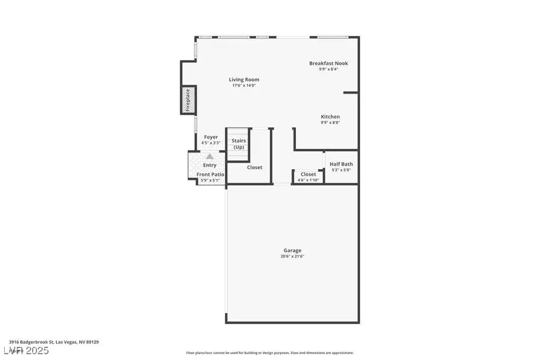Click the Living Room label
click(244, 79)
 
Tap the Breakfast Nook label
click(328, 63)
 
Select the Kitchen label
click(330, 116)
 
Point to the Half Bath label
click(341, 164)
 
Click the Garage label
click(293, 250)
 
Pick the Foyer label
click(211, 137)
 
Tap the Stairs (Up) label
click(239, 144)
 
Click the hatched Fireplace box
click(187, 100)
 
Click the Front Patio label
click(210, 174)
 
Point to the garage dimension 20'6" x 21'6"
click(293, 257)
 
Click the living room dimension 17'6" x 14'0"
click(244, 85)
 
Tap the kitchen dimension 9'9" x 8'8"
click(330, 123)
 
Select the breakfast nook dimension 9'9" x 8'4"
click(328, 70)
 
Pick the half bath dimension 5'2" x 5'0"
click(341, 170)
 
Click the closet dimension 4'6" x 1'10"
click(308, 180)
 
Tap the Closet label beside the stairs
click(254, 167)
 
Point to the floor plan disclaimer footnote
click(270, 353)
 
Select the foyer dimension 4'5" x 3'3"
click(211, 143)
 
